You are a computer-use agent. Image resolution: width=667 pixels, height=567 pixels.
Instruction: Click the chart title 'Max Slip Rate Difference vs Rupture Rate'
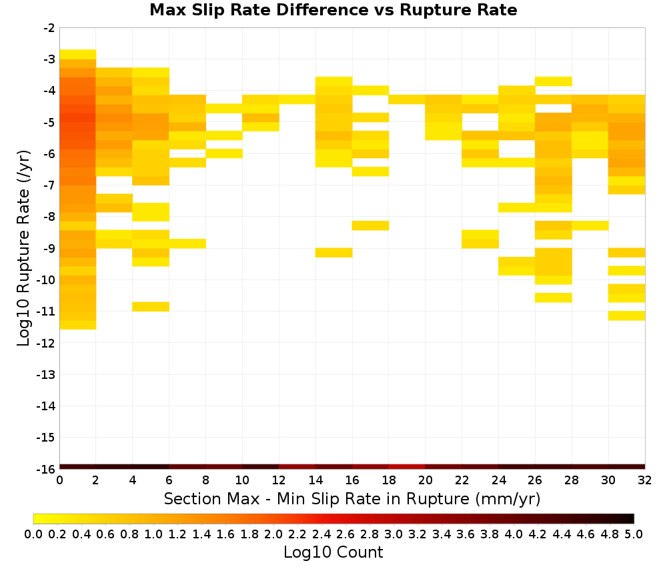(x=333, y=9)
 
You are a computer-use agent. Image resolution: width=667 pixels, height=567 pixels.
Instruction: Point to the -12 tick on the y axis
(x=47, y=344)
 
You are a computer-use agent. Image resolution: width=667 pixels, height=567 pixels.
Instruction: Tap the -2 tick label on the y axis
(x=49, y=29)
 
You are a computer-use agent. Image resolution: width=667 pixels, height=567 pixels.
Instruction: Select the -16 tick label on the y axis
(x=47, y=469)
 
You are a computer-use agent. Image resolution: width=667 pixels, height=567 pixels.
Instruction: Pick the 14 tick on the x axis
(x=315, y=480)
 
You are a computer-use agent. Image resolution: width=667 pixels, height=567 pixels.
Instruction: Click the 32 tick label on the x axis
(x=645, y=480)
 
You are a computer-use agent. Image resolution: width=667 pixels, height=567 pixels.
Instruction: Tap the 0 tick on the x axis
(x=59, y=480)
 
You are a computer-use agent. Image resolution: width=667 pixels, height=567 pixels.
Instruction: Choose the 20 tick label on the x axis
(x=426, y=480)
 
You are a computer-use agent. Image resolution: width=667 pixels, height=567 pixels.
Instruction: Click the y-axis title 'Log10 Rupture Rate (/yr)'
(x=24, y=248)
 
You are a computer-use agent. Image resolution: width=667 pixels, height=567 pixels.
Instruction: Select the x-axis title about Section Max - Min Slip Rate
(x=352, y=498)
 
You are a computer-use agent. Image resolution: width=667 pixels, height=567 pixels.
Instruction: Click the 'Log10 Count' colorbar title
(x=333, y=552)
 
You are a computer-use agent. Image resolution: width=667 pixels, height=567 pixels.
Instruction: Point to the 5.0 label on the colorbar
(x=634, y=534)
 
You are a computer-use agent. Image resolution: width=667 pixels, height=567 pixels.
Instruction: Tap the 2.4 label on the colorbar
(x=321, y=534)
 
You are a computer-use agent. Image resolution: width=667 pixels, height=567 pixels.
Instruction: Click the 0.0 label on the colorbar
(x=33, y=534)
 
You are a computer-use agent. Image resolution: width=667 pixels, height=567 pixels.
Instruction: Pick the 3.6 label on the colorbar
(x=466, y=534)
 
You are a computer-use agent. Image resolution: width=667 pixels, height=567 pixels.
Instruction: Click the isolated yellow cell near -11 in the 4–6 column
(x=151, y=307)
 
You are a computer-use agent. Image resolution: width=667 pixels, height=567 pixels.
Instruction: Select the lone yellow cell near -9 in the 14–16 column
(x=334, y=253)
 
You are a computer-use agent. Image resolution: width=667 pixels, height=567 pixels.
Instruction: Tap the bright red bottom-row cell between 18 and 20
(x=407, y=467)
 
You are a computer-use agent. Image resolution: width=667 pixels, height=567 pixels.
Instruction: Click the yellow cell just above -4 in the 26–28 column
(x=554, y=81)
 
